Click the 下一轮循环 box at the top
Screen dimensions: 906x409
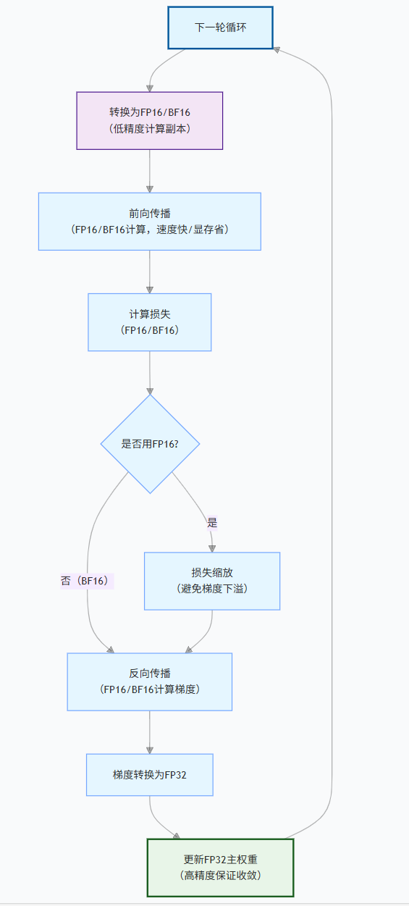coord(221,28)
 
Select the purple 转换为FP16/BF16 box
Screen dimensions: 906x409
coord(150,120)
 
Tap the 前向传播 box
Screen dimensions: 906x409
coord(150,221)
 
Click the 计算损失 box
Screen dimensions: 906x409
coord(150,322)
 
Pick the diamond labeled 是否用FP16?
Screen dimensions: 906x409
coord(150,443)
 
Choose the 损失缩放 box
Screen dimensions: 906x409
coord(212,581)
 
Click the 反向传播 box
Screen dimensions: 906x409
coord(150,681)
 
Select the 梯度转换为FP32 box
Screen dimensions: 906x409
coord(150,774)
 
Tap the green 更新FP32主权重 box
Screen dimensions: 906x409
coord(220,868)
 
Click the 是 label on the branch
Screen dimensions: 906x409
coord(212,522)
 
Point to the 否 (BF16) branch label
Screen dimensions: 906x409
coord(88,581)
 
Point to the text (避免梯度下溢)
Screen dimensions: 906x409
coord(212,589)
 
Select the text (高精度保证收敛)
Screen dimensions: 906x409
coord(220,876)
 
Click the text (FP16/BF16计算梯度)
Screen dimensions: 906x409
coord(150,689)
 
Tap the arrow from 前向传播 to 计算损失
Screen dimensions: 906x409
coord(150,272)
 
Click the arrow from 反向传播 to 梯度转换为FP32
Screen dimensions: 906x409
coord(150,731)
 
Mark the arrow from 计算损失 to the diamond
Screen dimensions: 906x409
coord(150,373)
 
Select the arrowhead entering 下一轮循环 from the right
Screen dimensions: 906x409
coord(278,49)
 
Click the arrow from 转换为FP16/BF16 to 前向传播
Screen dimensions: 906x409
coord(150,171)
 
